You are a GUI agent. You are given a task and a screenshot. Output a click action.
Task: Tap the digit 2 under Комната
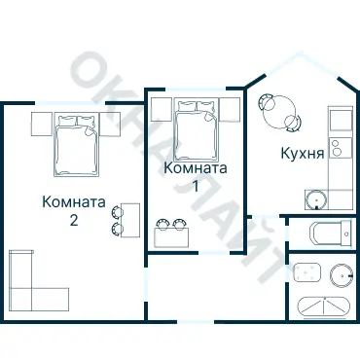[74, 220]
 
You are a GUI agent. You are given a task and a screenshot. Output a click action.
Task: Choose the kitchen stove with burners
[339, 149]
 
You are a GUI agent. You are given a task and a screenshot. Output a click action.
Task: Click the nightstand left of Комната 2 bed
[42, 124]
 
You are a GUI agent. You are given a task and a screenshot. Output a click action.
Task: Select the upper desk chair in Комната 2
[119, 210]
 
